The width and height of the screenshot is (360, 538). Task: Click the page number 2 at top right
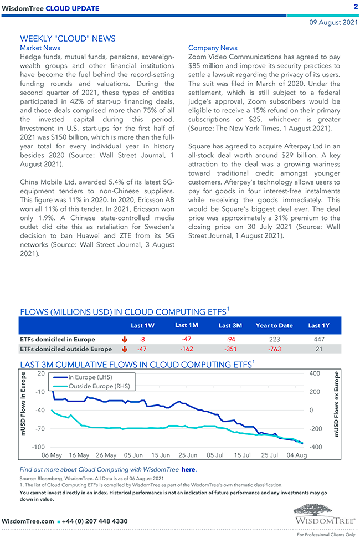355,7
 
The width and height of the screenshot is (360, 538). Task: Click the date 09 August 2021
333,23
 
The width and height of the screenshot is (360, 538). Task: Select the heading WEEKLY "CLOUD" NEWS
68,39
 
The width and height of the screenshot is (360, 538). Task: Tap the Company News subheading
213,48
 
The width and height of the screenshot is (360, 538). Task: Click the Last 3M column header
230,325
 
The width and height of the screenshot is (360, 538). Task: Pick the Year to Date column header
274,325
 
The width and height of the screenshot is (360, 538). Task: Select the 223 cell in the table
274,339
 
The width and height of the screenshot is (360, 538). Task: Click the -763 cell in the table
274,349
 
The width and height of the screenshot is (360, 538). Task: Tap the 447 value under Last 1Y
318,339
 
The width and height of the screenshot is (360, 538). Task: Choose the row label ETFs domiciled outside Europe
65,349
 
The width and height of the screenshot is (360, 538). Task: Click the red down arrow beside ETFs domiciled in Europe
124,339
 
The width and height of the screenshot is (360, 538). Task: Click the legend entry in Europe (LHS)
90,377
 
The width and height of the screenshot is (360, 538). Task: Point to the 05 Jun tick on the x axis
133,455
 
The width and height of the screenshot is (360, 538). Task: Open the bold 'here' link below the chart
188,469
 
